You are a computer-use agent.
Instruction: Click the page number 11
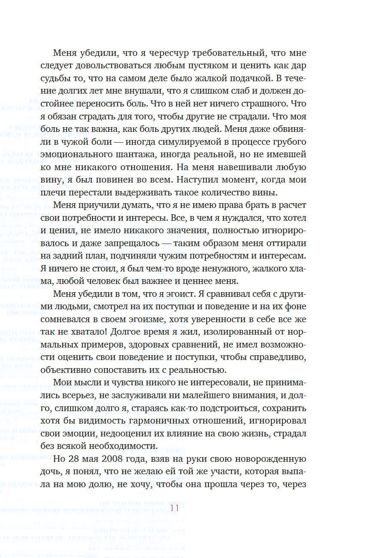[x=174, y=508]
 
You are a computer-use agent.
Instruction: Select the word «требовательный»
[x=238, y=54]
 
